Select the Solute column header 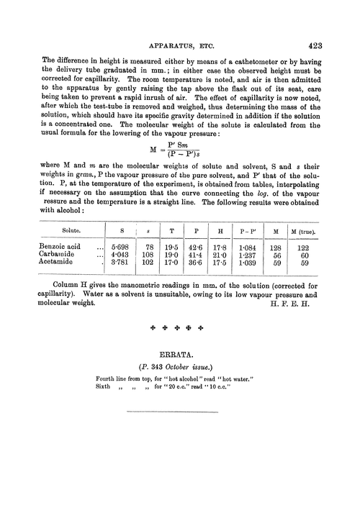click(x=71, y=230)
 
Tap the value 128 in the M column click(x=274, y=247)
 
